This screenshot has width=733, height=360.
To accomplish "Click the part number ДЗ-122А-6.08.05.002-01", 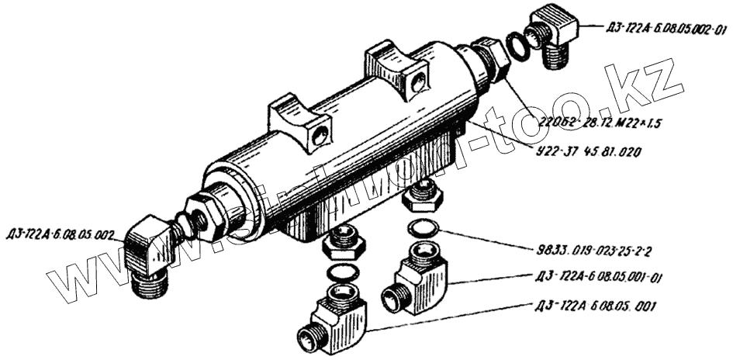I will click(665, 31).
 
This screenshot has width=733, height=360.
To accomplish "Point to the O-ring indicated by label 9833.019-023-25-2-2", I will click(421, 227).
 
